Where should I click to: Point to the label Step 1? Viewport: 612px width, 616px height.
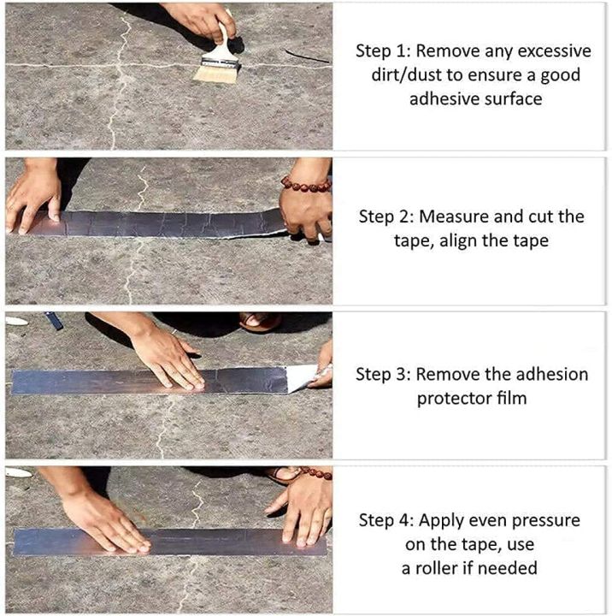tap(382, 50)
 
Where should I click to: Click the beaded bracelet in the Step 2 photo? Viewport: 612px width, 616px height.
tap(306, 184)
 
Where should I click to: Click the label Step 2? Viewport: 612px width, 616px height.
tap(385, 216)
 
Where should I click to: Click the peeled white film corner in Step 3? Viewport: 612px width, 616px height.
tap(303, 377)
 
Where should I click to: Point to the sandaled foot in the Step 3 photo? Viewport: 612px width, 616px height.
tap(259, 322)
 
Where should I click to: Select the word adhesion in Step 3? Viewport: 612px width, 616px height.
tap(552, 374)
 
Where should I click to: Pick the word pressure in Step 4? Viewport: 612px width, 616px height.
tap(542, 520)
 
